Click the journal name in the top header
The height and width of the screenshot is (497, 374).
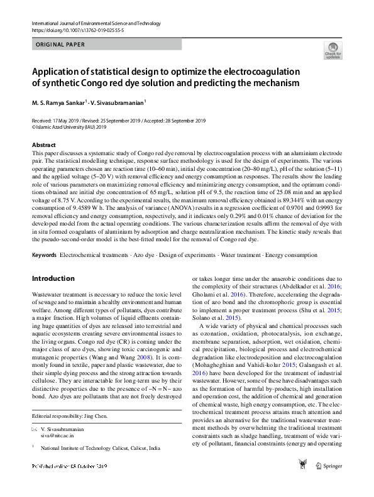tap(92, 23)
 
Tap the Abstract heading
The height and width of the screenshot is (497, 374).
tap(43, 145)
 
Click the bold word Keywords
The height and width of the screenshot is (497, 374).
tap(44, 255)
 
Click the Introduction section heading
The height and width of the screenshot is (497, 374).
tap(53, 278)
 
